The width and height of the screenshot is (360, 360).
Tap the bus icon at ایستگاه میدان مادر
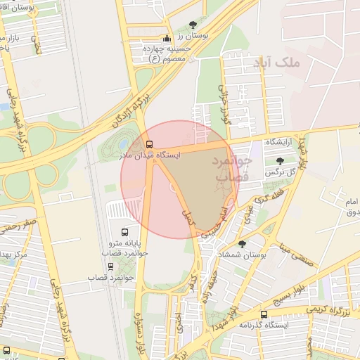click(157, 144)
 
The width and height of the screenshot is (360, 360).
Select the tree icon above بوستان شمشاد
click(243, 244)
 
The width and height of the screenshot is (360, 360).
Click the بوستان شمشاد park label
click(243, 256)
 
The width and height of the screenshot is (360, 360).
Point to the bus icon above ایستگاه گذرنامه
click(264, 314)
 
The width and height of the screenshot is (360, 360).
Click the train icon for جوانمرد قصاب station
click(110, 266)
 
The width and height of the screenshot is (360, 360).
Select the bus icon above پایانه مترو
click(125, 231)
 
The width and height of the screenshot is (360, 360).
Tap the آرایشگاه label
click(279, 142)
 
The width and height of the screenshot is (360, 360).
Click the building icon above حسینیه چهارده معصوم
click(167, 39)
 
